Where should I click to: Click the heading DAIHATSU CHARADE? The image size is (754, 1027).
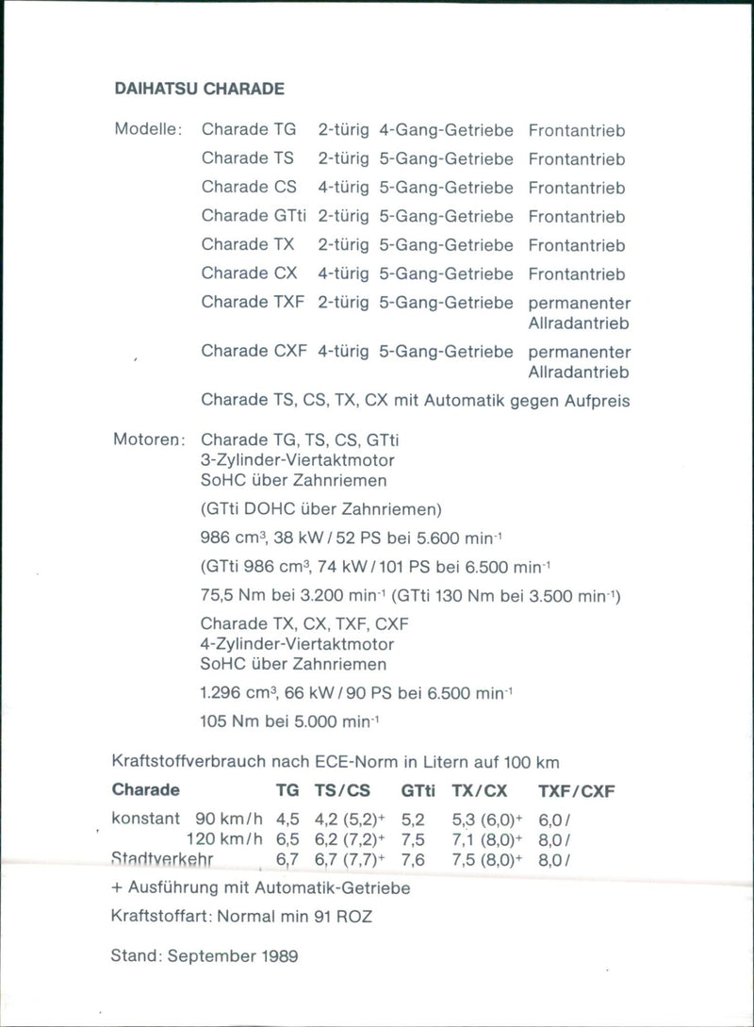pos(199,90)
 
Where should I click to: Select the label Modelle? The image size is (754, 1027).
pos(148,131)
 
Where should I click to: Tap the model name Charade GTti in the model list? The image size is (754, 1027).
pos(253,216)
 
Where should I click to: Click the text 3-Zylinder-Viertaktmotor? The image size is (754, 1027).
pos(298,460)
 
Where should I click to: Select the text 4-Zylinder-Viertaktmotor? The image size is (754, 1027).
pos(298,644)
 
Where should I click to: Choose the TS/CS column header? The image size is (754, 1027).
pos(343,791)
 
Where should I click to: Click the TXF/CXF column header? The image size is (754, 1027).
pos(576,791)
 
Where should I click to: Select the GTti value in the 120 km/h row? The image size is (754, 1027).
pos(414,839)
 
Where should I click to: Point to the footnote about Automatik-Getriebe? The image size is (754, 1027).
pos(260,887)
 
